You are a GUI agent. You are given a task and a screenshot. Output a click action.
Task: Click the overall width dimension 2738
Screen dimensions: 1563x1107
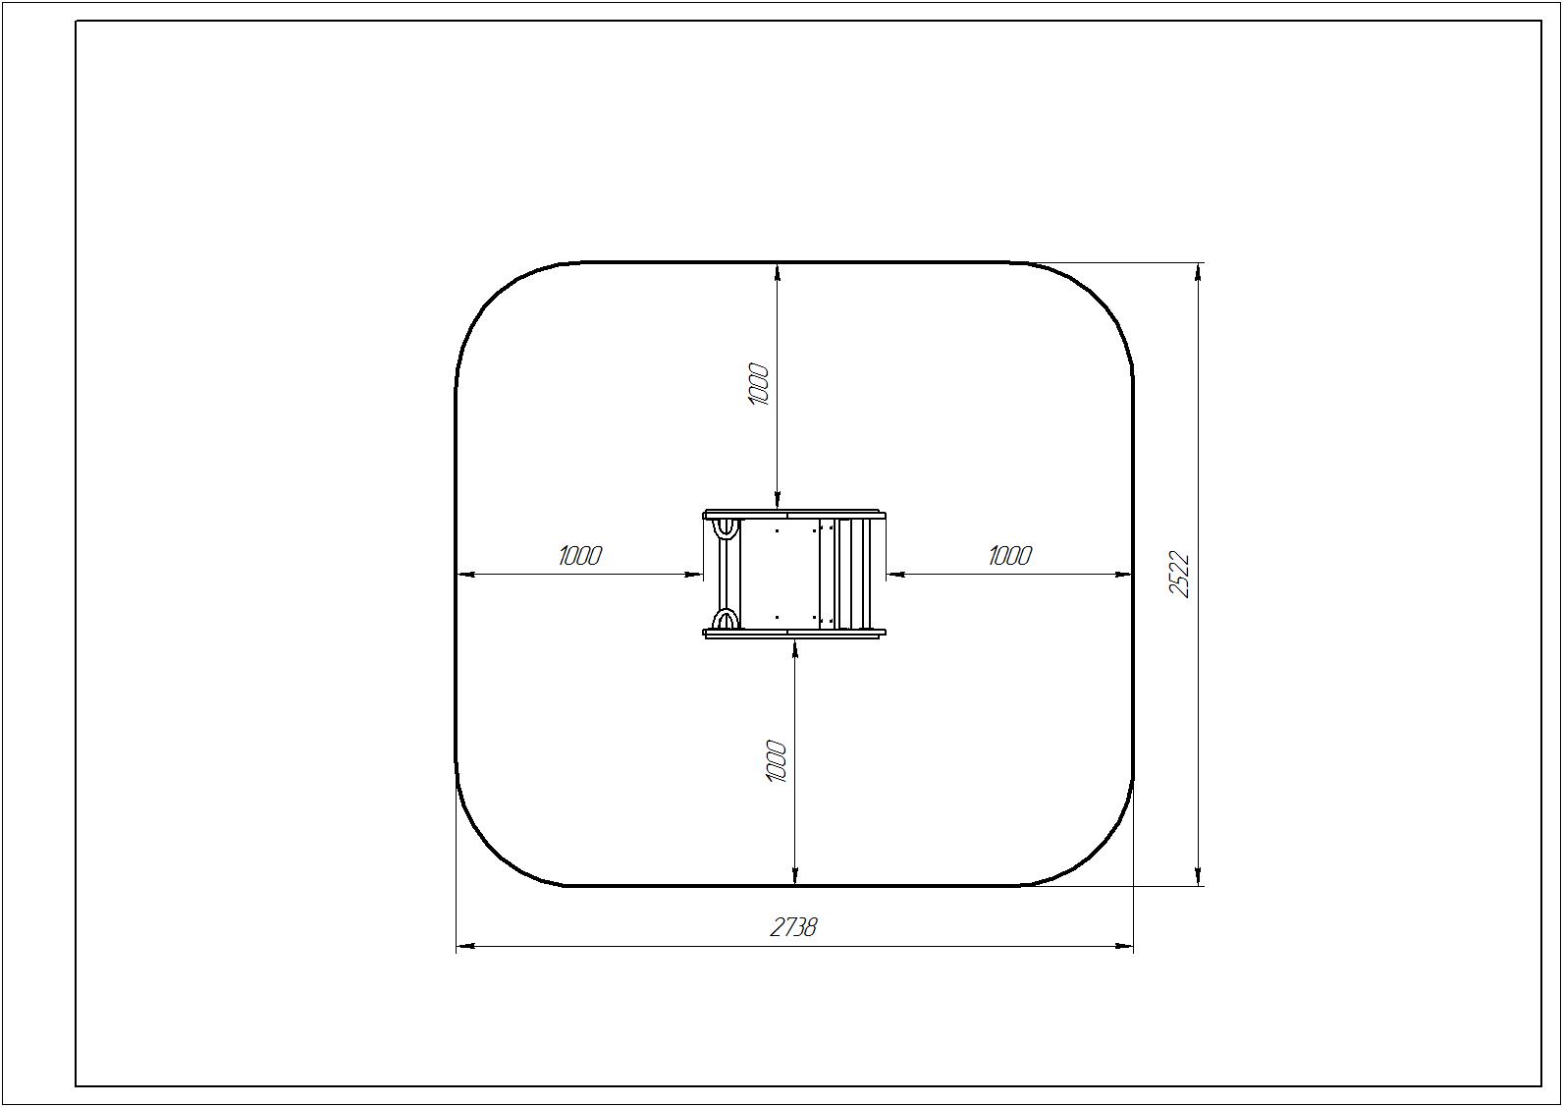(793, 927)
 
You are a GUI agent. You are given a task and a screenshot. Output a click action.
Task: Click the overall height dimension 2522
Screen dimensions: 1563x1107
(1178, 575)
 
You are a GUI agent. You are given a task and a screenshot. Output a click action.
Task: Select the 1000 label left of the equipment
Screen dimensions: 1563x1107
(580, 556)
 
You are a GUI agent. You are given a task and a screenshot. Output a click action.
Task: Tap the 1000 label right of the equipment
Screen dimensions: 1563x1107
(1009, 556)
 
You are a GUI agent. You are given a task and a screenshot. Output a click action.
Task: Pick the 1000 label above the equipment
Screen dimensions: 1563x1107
(758, 384)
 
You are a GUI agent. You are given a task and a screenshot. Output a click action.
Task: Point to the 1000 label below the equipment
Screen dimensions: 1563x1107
(777, 761)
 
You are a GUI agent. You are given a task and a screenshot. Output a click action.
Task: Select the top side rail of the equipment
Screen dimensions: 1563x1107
(795, 515)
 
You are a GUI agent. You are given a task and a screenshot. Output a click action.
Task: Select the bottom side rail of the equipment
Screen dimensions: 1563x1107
(795, 634)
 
